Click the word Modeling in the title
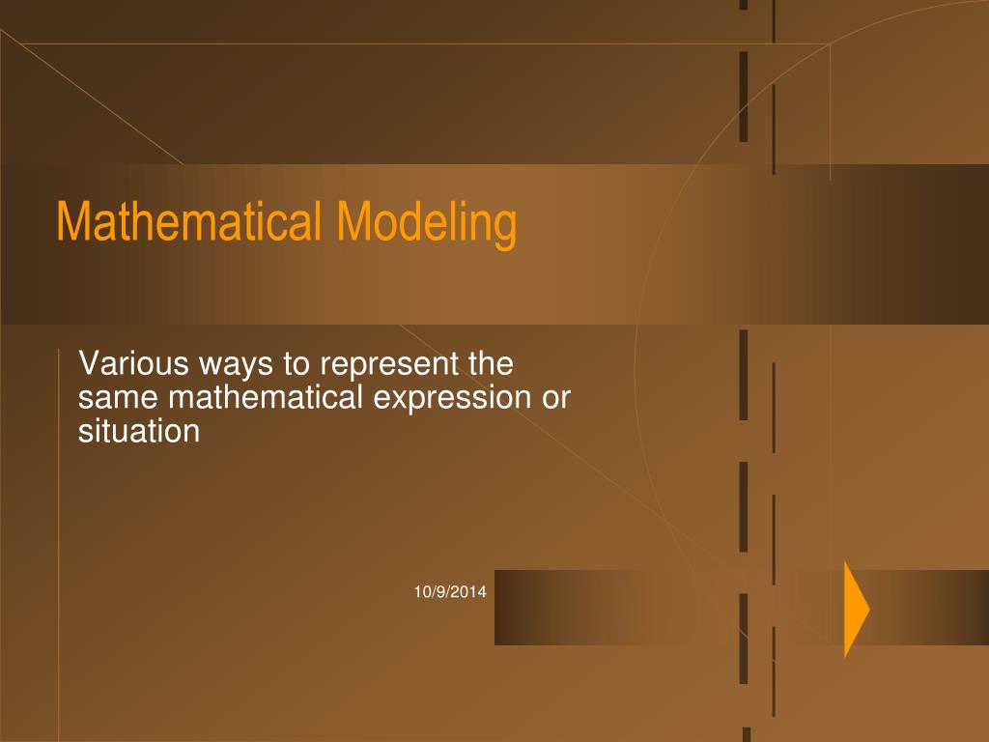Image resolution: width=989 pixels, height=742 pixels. click(x=427, y=221)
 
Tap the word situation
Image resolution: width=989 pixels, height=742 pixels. click(x=138, y=431)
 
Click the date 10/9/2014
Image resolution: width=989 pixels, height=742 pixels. click(x=451, y=592)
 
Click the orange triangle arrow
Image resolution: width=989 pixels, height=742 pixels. click(x=855, y=609)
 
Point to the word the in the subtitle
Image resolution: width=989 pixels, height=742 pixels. click(x=490, y=365)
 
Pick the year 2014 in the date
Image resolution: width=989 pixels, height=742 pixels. click(x=471, y=592)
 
